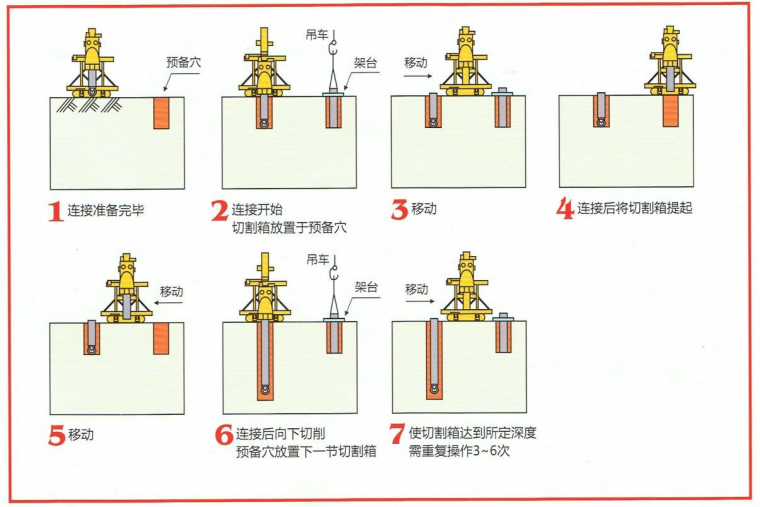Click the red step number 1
point(55,211)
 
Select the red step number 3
point(399,210)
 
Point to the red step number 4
point(566,210)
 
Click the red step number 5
point(56,436)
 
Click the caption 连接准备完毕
point(113,211)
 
